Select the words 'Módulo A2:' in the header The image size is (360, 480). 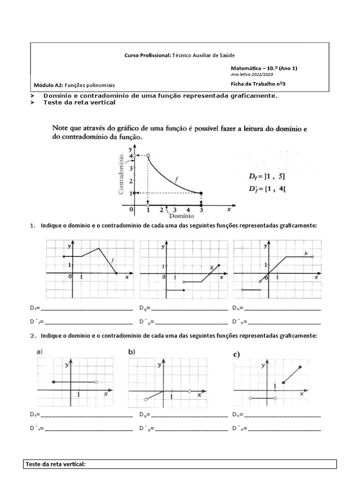pos(48,85)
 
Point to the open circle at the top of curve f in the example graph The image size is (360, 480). pos(148,155)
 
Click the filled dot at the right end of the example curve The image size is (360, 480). pos(201,193)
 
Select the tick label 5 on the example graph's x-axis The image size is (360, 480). pos(202,210)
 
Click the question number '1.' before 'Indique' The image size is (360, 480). pos(33,226)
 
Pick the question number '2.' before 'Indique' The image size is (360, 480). pos(33,336)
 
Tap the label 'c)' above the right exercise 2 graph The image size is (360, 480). pos(237,354)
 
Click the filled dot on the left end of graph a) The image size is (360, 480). pos(53,382)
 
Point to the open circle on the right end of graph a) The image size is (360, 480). pos(96,382)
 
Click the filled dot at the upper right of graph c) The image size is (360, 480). pos(300,367)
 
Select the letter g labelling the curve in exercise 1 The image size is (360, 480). pos(211,267)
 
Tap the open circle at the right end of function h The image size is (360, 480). pos(313,256)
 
